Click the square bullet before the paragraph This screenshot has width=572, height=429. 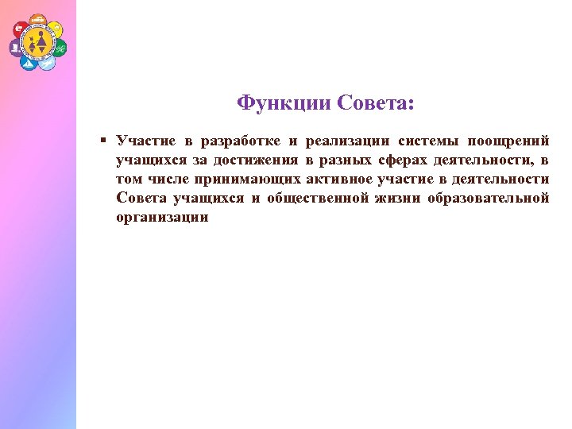(103, 141)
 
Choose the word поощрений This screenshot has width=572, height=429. (508, 141)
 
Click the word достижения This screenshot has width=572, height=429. (258, 160)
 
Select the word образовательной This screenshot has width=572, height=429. (489, 199)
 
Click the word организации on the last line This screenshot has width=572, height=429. (162, 218)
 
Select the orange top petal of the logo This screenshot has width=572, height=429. (37, 18)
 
